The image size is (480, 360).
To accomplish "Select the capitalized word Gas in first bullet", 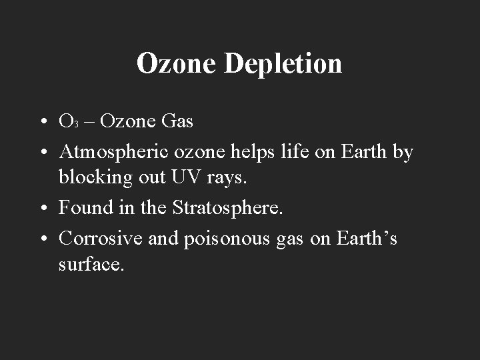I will click(x=177, y=121).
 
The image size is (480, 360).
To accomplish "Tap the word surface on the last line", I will click(x=91, y=264).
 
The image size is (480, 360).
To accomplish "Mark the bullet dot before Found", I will click(x=42, y=209).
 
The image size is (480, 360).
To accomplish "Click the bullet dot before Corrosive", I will click(x=42, y=239).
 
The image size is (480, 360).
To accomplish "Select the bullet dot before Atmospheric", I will click(x=42, y=153).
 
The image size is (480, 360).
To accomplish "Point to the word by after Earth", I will click(x=402, y=153).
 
